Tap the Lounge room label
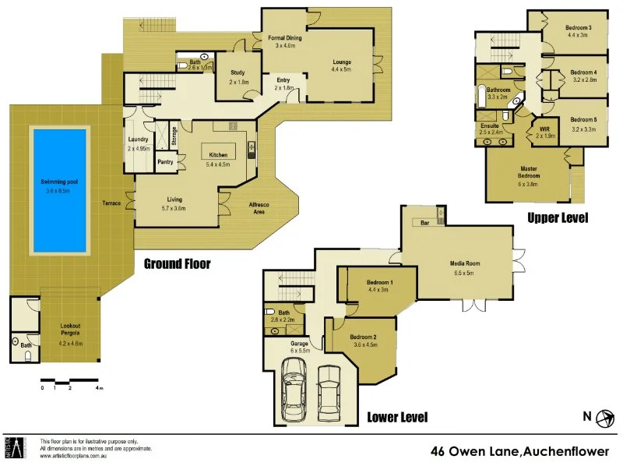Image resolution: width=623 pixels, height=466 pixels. [341, 63]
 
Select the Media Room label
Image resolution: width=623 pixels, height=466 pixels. [466, 263]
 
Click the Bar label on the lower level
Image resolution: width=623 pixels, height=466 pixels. [425, 224]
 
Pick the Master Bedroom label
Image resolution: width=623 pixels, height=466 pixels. [530, 171]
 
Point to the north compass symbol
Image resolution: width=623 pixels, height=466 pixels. [602, 417]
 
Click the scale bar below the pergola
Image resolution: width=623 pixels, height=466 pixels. [70, 381]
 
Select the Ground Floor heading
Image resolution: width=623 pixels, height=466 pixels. [177, 263]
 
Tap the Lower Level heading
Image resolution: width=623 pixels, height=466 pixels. [397, 417]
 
